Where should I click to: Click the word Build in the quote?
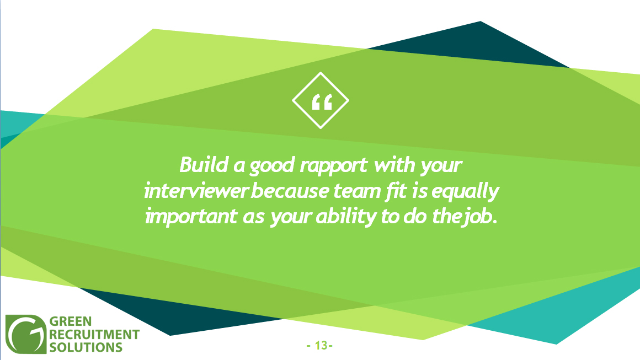pos(204,165)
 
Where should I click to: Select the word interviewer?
pos(196,191)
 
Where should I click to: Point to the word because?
pos(290,191)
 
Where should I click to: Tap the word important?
pos(191,217)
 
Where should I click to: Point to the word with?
pos(394,165)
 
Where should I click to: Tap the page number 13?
pos(321,345)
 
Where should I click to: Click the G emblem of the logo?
pos(26,334)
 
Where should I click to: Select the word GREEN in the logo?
pos(70,321)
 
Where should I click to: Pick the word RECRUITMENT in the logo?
pos(94,334)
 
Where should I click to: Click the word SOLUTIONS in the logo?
pos(86,347)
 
